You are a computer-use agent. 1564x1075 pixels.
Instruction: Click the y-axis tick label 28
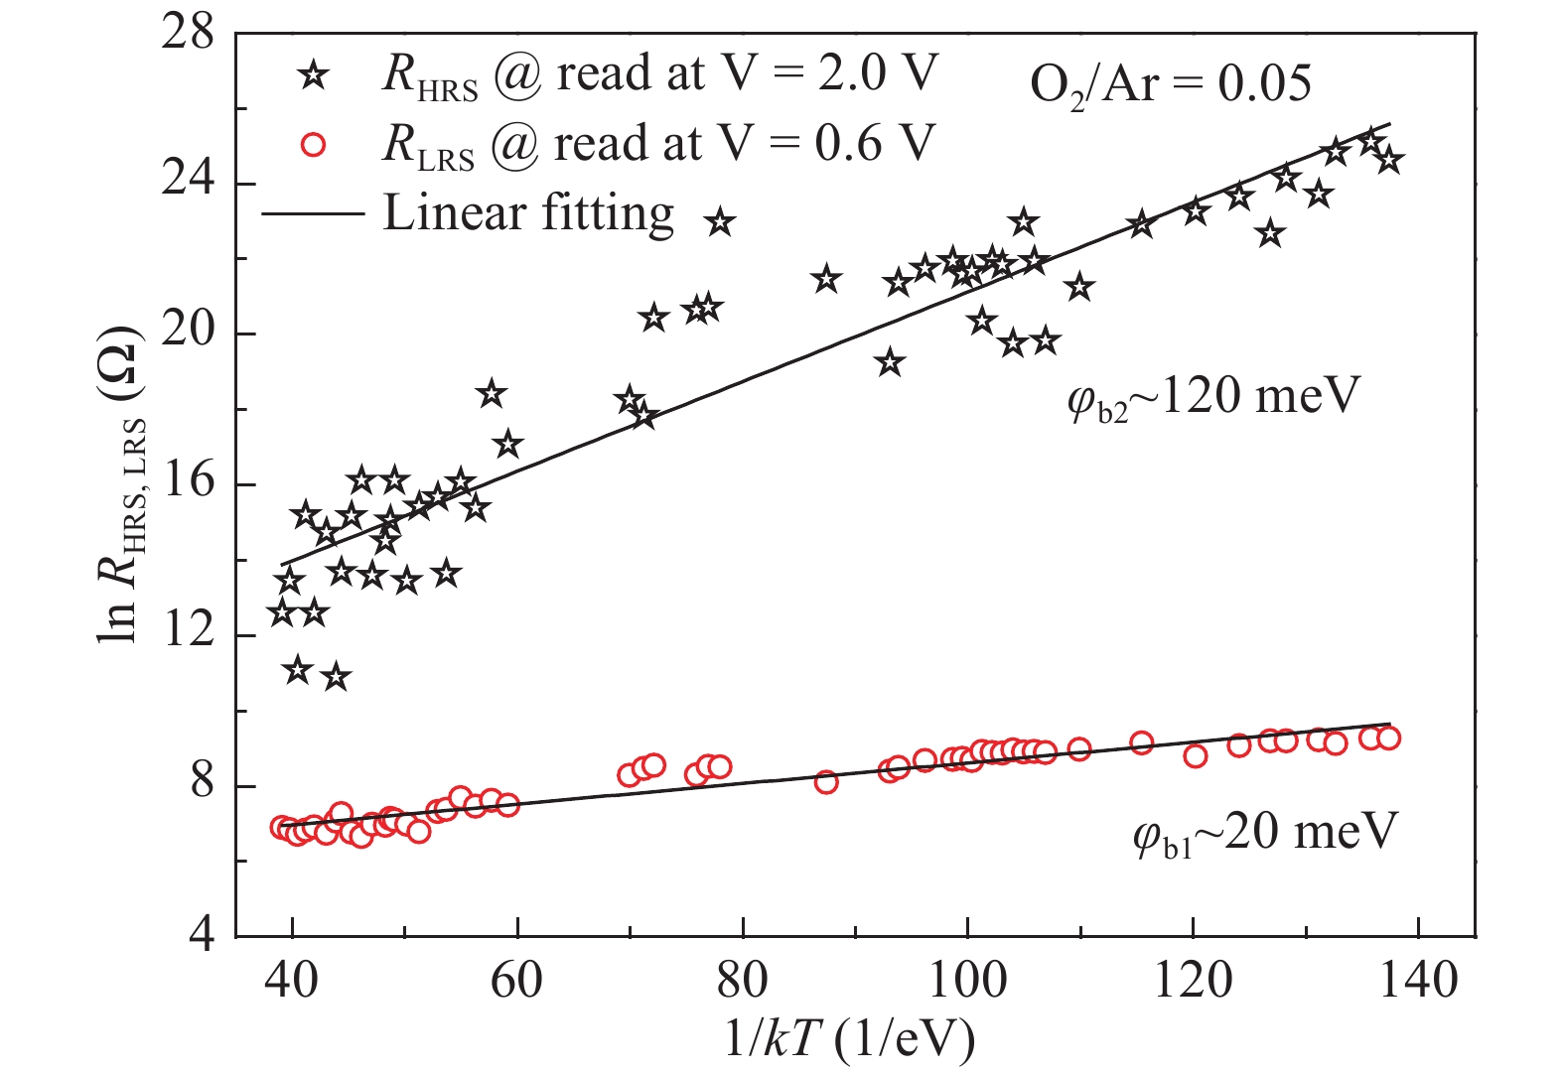(x=189, y=34)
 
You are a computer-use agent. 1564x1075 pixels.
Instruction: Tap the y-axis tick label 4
(x=201, y=936)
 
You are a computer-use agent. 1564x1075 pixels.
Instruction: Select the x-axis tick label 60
(x=517, y=981)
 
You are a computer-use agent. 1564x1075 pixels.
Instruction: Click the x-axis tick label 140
(x=1417, y=981)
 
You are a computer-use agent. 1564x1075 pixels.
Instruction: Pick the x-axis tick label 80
(x=743, y=981)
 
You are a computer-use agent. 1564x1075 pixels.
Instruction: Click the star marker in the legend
(x=313, y=74)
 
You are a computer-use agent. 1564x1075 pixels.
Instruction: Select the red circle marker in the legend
(x=313, y=145)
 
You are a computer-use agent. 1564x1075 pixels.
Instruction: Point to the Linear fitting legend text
(x=528, y=212)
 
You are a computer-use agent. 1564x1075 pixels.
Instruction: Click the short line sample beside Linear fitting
(x=313, y=213)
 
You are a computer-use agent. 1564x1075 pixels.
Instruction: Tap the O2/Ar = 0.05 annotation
(x=1170, y=84)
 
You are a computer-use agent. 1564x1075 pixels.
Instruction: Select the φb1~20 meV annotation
(x=1265, y=832)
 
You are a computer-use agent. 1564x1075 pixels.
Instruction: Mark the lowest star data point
(x=336, y=678)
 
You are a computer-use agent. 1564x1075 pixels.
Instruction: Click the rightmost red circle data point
(x=1388, y=738)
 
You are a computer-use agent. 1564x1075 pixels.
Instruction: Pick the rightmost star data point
(x=1388, y=160)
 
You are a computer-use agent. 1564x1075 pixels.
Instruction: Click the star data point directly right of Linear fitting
(x=720, y=223)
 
